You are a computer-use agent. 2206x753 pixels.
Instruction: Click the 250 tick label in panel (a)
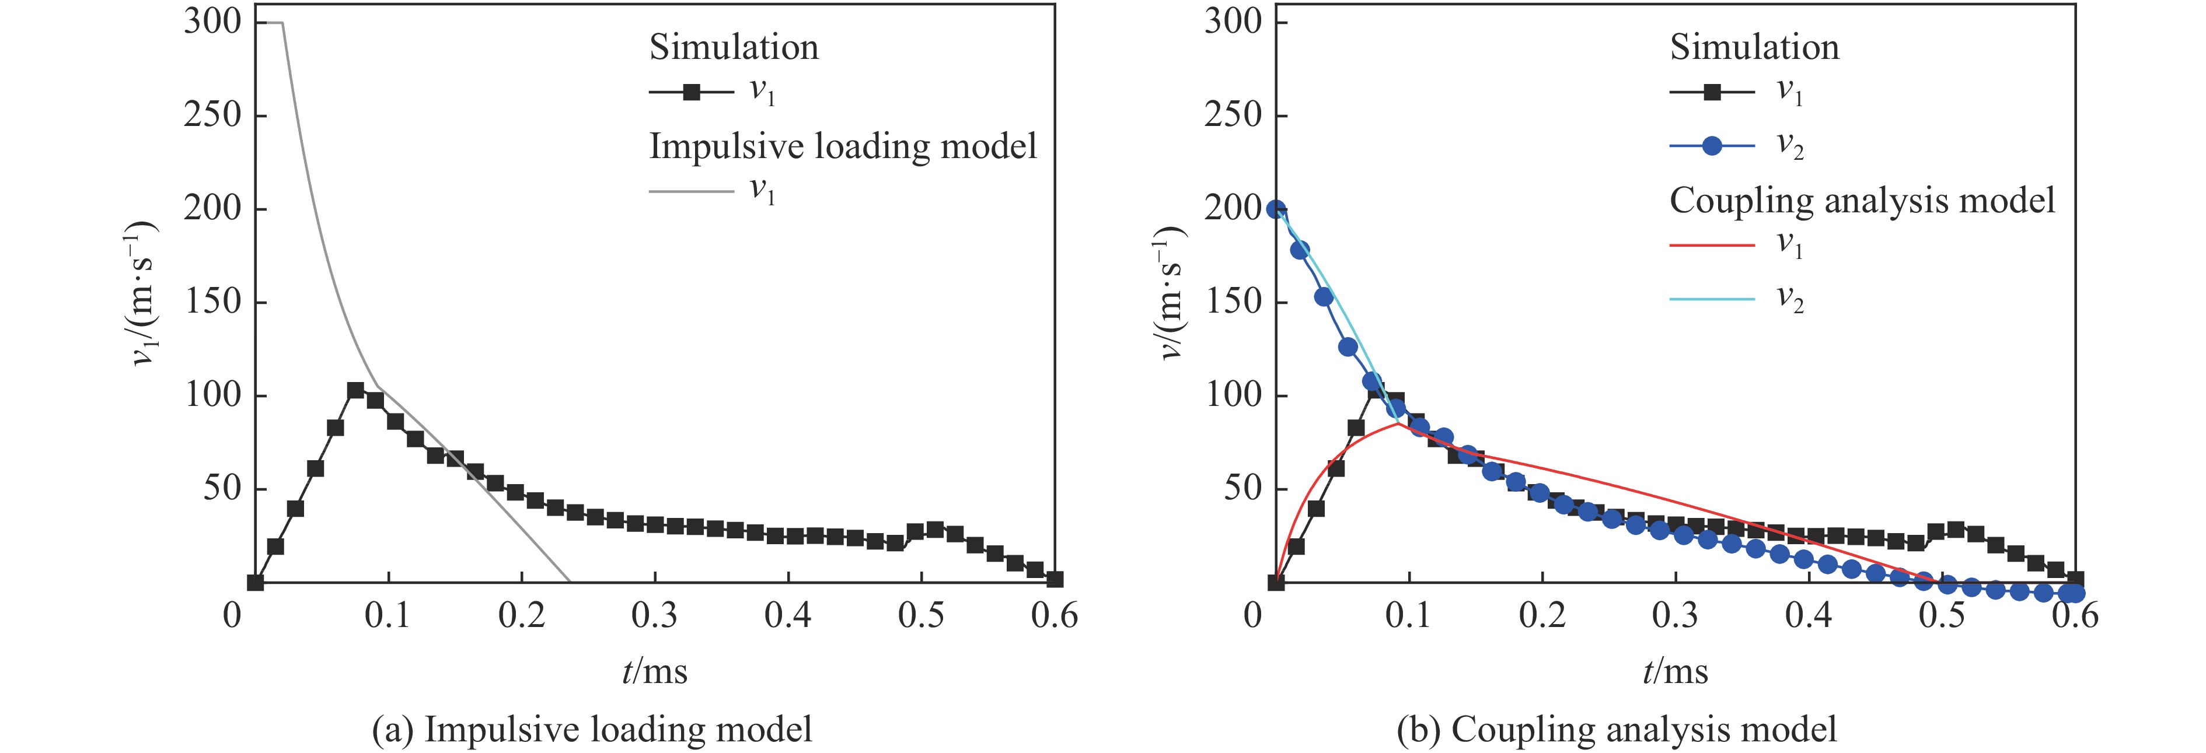click(x=212, y=115)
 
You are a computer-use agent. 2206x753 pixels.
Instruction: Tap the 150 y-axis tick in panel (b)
click(x=1233, y=302)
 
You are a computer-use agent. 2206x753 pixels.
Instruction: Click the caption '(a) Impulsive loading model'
click(x=592, y=729)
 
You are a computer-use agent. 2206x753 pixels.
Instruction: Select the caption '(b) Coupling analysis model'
click(x=1617, y=729)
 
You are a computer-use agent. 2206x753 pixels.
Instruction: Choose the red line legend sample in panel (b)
click(x=1712, y=246)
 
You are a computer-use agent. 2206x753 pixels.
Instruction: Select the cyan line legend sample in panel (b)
click(x=1712, y=299)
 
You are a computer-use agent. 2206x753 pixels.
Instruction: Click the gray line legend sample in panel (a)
click(x=691, y=191)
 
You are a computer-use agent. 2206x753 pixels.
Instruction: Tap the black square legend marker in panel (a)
click(x=691, y=92)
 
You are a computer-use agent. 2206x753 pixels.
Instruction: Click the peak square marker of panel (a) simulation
click(x=355, y=390)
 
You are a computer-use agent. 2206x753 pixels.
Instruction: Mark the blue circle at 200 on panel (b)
click(x=1276, y=209)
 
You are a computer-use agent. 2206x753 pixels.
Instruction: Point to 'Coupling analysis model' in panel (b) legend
click(x=1862, y=200)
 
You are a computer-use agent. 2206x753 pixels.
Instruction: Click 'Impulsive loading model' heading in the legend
click(x=843, y=146)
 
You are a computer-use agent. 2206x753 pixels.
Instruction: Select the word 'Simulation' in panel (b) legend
click(x=1754, y=47)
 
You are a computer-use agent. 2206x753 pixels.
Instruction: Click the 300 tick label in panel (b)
click(x=1233, y=22)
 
